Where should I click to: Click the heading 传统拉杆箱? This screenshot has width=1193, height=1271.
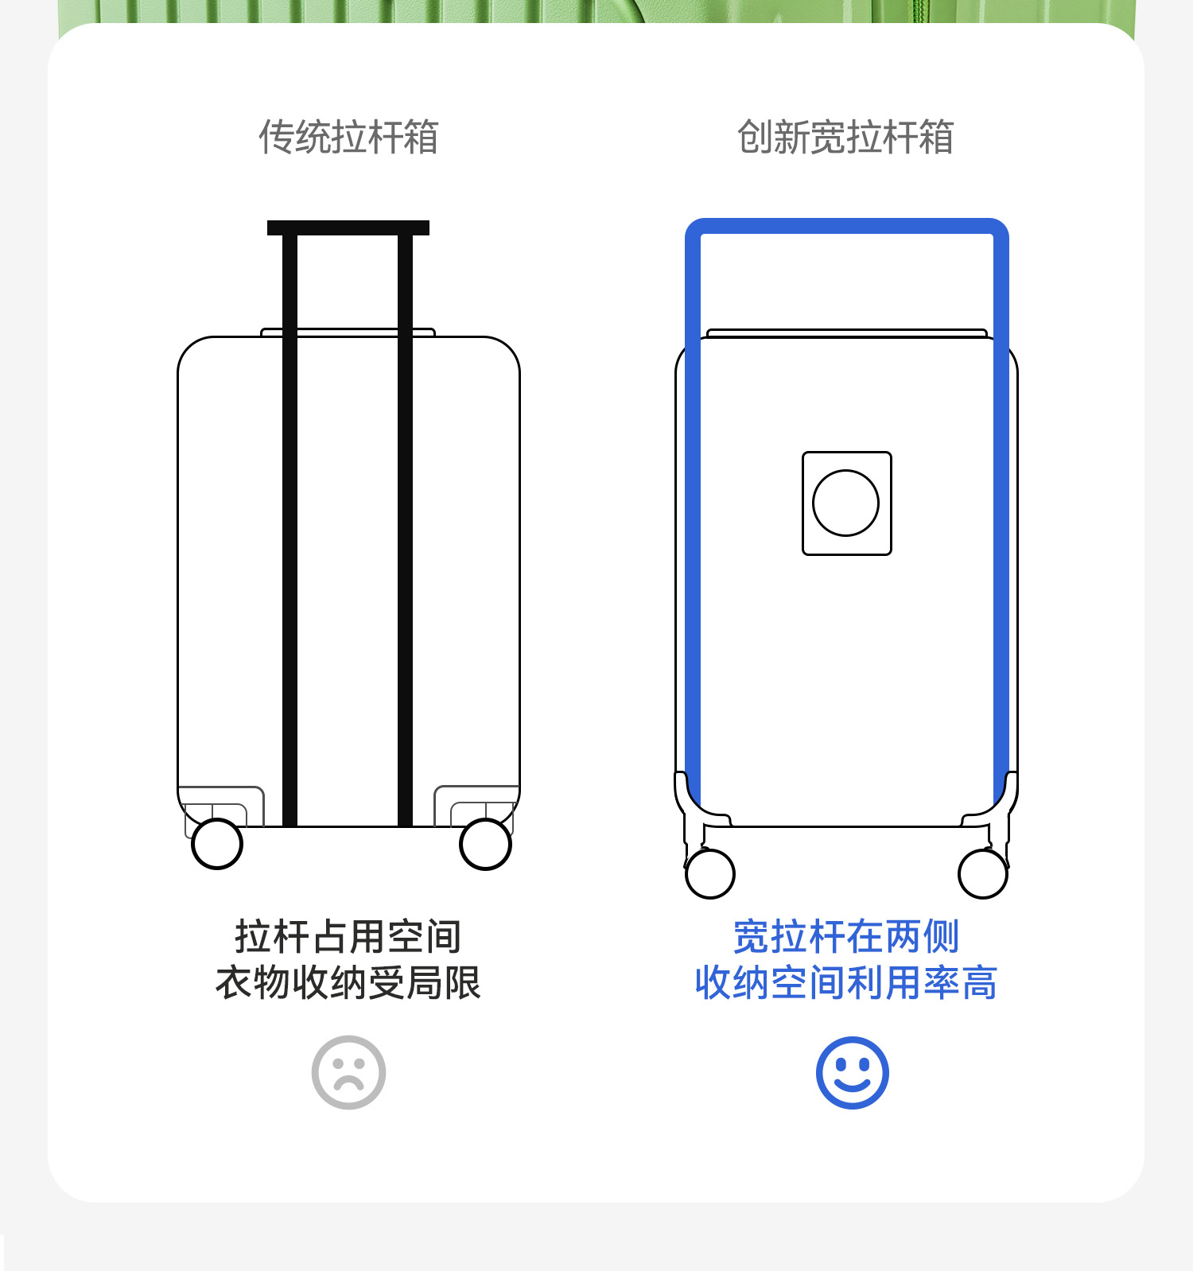(348, 137)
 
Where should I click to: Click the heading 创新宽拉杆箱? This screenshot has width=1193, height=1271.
(845, 137)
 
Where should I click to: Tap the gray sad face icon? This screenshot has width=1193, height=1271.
(348, 1072)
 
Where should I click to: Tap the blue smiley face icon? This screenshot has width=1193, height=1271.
(852, 1072)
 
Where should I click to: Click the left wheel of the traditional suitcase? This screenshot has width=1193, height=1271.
(217, 844)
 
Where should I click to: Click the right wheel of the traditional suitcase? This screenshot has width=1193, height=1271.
(485, 844)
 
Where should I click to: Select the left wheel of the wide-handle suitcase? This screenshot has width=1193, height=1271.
(709, 873)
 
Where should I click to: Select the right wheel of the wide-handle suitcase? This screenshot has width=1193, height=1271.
(983, 873)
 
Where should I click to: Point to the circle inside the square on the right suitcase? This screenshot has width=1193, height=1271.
(845, 503)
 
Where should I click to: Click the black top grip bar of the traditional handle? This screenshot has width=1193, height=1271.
(348, 228)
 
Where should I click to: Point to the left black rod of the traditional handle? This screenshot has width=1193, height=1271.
(290, 525)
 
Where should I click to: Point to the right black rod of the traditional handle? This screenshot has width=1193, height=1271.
(405, 525)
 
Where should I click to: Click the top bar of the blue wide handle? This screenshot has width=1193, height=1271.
(846, 226)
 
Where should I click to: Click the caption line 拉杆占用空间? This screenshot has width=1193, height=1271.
(348, 936)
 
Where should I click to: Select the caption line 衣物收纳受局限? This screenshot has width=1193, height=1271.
(348, 982)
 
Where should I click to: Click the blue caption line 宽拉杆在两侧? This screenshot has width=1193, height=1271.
(845, 936)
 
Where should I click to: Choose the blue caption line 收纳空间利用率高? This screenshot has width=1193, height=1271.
(845, 982)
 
